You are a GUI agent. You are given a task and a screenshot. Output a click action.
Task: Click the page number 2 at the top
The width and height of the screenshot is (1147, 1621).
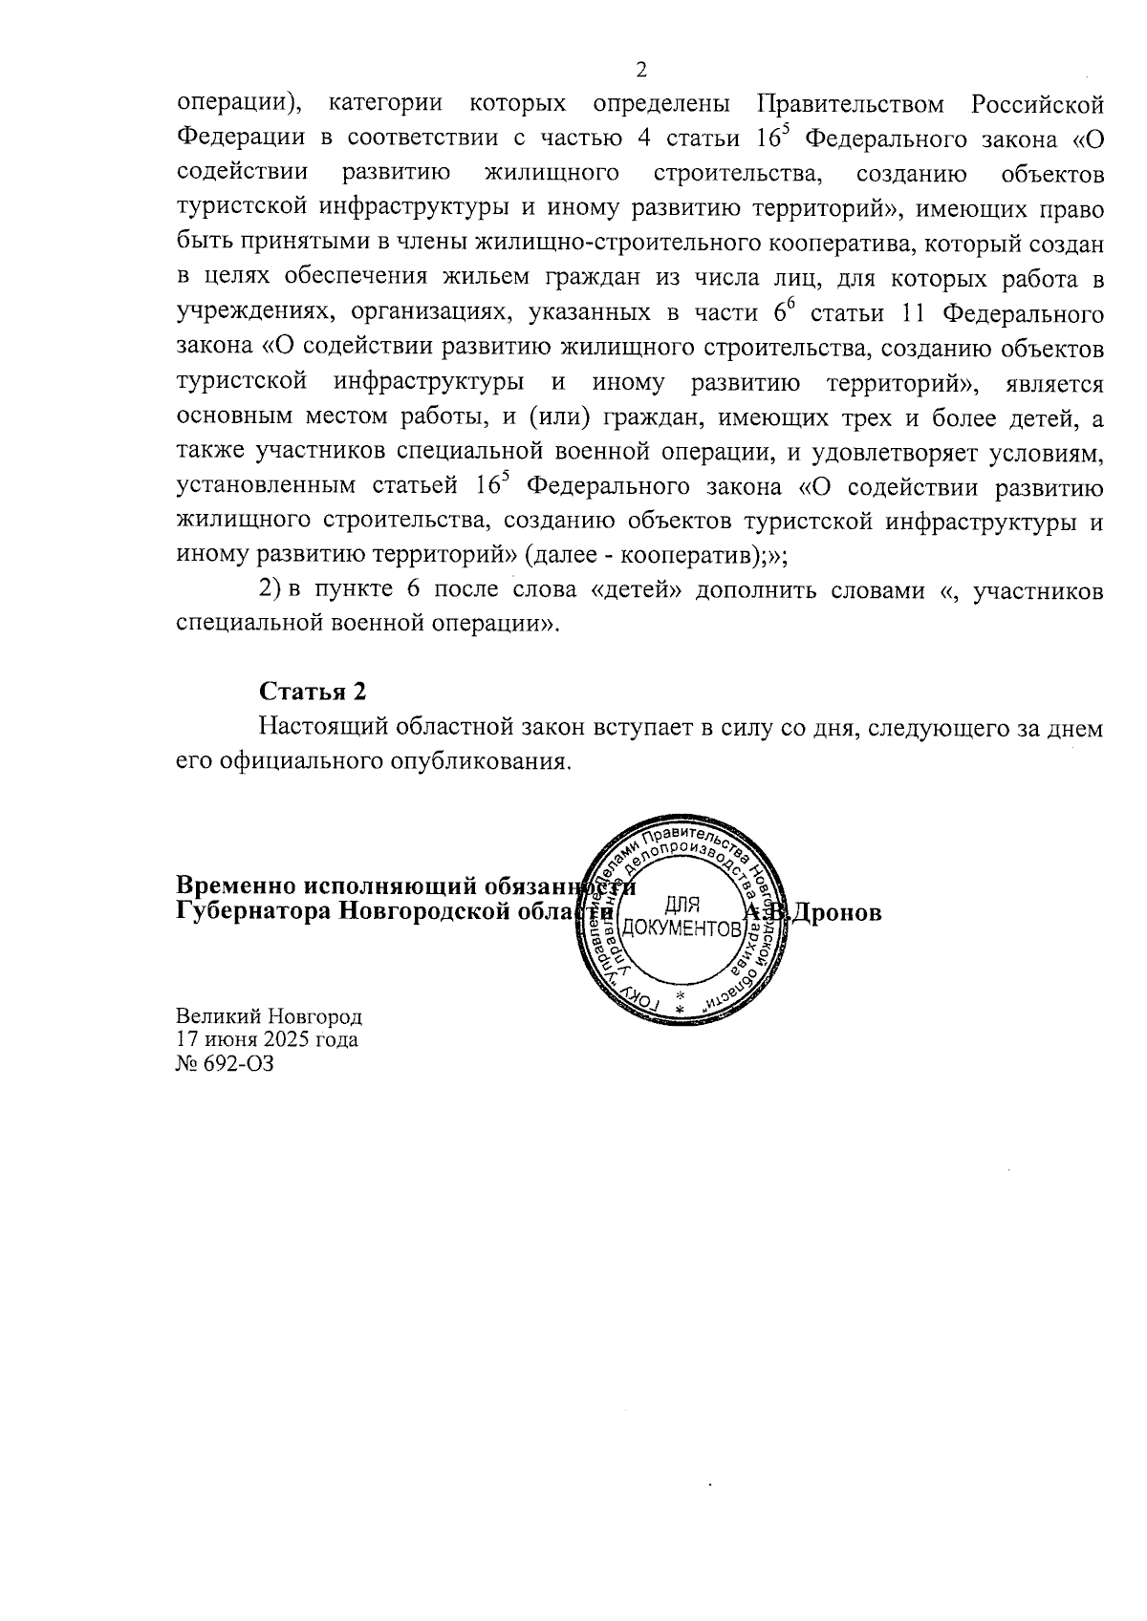pyautogui.click(x=641, y=70)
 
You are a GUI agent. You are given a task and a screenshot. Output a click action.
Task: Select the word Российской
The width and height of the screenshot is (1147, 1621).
pyautogui.click(x=1037, y=103)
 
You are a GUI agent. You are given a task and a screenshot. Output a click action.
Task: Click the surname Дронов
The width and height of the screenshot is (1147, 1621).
pyautogui.click(x=833, y=912)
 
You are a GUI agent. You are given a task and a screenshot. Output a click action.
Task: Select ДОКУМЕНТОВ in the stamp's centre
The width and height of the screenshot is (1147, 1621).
pyautogui.click(x=682, y=928)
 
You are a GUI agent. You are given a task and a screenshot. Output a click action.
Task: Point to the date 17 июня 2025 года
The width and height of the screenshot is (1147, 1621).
pyautogui.click(x=268, y=1039)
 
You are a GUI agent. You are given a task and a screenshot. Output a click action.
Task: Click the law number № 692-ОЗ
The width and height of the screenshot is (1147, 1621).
pyautogui.click(x=226, y=1063)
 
